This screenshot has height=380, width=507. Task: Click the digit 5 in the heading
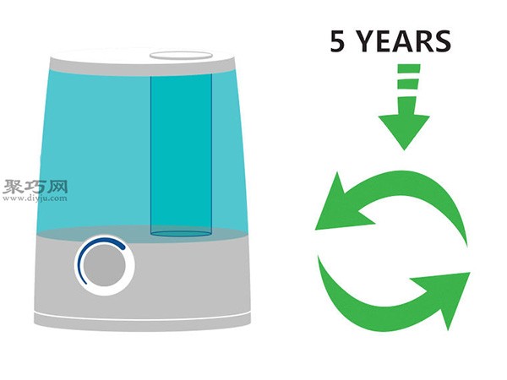point(337,41)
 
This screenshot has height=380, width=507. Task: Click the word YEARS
point(405,41)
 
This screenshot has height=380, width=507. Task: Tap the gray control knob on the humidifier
point(105,265)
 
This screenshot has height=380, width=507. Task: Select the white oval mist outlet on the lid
point(181,55)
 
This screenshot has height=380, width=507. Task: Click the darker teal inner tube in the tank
point(181,155)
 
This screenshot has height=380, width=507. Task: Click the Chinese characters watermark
point(35,187)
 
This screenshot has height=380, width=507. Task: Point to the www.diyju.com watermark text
point(35,198)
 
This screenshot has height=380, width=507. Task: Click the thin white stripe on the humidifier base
point(142,318)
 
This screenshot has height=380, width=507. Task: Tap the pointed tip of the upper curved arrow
point(315,230)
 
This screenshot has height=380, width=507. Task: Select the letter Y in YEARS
point(368,41)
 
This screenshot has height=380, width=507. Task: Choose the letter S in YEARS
point(442,41)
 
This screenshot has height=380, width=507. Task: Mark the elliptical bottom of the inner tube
point(181,233)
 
